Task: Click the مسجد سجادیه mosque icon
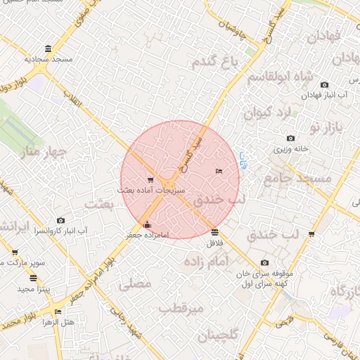(x=47, y=49)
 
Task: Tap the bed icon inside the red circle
(x=218, y=171)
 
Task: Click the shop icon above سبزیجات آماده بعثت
(x=150, y=181)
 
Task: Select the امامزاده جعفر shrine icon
(x=146, y=225)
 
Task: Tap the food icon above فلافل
(x=214, y=232)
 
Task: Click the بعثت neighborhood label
(x=98, y=204)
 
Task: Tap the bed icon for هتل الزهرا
(x=58, y=311)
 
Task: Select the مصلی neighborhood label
(x=136, y=285)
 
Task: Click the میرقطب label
(x=181, y=308)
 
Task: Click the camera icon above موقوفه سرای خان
(x=264, y=262)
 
